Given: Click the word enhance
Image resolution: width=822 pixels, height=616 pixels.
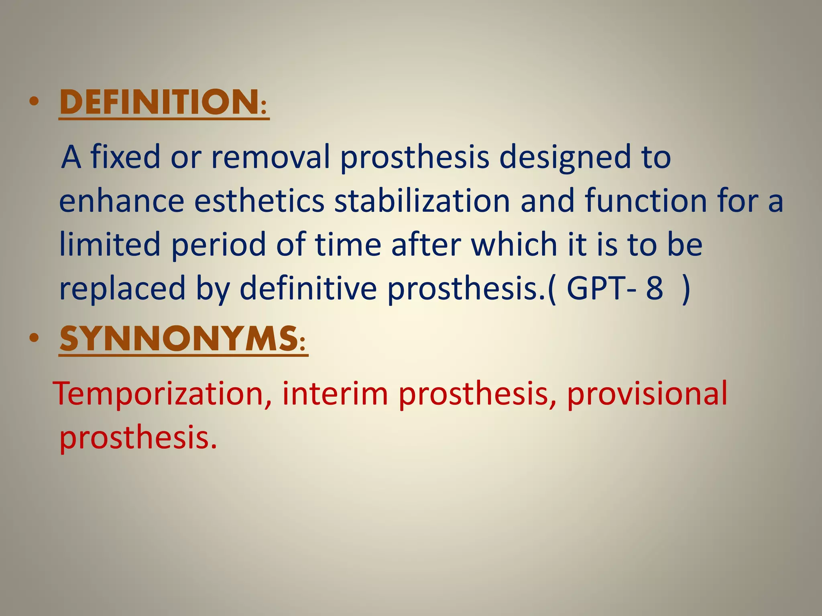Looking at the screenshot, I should pyautogui.click(x=122, y=201).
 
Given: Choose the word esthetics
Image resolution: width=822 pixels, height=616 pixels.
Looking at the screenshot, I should pyautogui.click(x=259, y=201).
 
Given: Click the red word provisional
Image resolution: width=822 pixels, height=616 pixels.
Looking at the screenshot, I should pyautogui.click(x=647, y=395).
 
